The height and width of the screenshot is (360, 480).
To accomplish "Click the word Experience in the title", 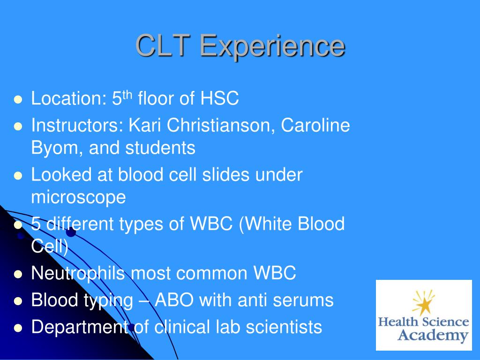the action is click(x=272, y=46).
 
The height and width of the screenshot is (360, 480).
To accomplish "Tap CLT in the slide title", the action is click(x=163, y=45).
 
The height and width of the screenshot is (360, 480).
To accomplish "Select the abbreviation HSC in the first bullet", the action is click(x=219, y=98).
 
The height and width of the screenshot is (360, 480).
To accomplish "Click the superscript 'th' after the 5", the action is click(x=127, y=94).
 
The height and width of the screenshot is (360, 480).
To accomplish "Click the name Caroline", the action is click(x=315, y=125).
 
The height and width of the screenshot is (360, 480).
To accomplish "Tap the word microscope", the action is click(x=78, y=197).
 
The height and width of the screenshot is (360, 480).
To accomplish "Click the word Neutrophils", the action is click(x=78, y=273).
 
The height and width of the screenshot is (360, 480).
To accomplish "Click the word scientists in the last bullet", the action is click(x=284, y=327).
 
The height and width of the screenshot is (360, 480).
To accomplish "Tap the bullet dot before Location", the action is click(x=18, y=100).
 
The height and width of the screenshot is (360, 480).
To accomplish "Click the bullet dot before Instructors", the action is click(x=18, y=127).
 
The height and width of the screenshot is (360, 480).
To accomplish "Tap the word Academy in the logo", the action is click(x=433, y=336).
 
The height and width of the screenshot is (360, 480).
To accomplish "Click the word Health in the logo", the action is click(x=398, y=322).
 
